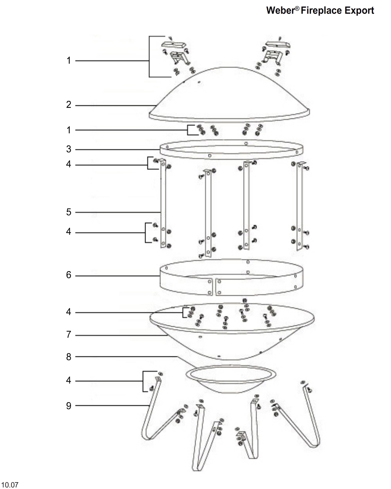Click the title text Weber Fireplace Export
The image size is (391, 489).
click(x=320, y=11)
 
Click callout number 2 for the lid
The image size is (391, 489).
click(x=69, y=105)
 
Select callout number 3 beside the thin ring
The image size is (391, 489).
click(x=69, y=149)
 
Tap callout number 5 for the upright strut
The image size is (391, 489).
click(x=69, y=212)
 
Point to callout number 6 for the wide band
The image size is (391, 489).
click(x=69, y=275)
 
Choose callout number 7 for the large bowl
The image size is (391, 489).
click(x=69, y=335)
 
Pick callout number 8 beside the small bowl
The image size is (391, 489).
click(x=69, y=357)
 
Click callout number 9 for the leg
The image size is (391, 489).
click(x=69, y=405)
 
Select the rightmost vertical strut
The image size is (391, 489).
click(x=299, y=206)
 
